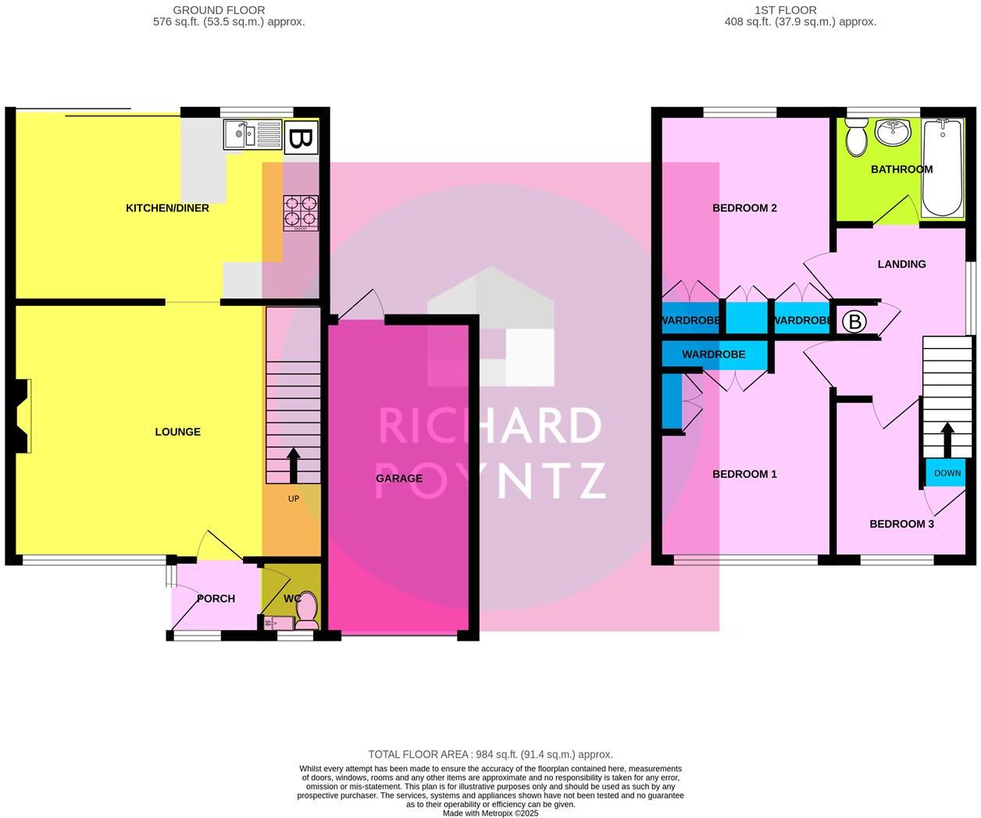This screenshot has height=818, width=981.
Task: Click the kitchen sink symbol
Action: [x=251, y=134]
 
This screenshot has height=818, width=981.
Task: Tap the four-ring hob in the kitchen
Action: [x=301, y=212]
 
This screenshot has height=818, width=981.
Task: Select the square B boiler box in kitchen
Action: [x=301, y=140]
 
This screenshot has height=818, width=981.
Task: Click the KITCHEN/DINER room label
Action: [x=167, y=208]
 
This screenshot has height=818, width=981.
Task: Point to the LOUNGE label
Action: [x=177, y=432]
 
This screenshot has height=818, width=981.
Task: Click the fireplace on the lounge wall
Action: [x=23, y=415]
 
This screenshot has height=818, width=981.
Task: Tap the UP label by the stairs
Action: [x=294, y=499]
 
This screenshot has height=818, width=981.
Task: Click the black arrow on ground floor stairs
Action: [x=294, y=466]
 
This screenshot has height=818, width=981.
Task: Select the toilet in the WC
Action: [x=307, y=610]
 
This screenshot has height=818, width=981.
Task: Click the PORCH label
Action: [x=216, y=599]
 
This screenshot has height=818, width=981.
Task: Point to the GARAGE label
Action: [x=399, y=478]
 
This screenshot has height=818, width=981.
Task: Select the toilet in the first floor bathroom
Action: [x=857, y=137]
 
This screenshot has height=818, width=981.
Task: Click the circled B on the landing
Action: [x=855, y=322]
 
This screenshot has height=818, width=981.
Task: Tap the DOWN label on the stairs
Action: [x=947, y=474]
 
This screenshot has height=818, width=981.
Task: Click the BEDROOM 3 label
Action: [x=901, y=524]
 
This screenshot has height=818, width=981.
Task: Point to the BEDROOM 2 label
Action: [x=744, y=208]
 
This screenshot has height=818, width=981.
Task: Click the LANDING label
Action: [x=901, y=265]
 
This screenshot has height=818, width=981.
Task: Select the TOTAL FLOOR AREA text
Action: [x=490, y=755]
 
